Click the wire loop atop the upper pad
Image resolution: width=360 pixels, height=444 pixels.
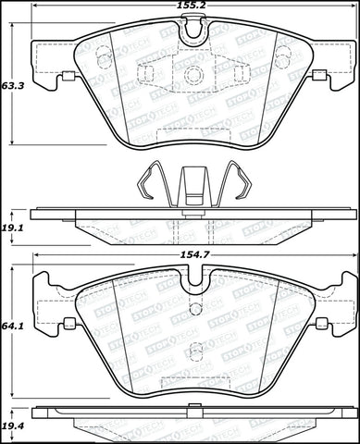192,31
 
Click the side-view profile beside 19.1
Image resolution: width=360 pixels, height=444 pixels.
192,228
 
